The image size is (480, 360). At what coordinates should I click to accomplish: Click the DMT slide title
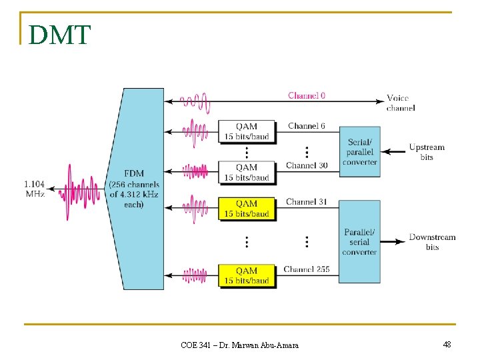pos(59,35)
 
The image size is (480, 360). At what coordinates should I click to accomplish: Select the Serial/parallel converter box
pos(360,152)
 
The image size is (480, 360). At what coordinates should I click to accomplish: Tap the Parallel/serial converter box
pos(360,241)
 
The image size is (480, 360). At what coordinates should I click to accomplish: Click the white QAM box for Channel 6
pos(247,131)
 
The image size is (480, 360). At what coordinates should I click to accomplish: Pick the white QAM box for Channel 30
pos(247,172)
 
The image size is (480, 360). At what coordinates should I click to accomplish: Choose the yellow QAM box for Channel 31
pos(247,208)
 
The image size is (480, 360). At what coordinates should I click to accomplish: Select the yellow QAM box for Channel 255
pos(247,275)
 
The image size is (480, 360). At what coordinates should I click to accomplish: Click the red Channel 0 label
pos(307,95)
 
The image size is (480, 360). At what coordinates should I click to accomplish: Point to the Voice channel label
pos(401,103)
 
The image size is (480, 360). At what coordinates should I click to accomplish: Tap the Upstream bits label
pos(427,152)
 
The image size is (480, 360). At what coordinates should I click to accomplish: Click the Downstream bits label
pos(432,241)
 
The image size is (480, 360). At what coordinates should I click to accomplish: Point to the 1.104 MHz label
pos(35,188)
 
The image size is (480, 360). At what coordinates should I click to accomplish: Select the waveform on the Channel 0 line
pos(195,101)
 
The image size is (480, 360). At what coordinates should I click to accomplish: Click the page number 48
pos(447,344)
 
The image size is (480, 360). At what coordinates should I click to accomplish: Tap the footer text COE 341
pos(239,345)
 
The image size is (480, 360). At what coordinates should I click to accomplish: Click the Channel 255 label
pos(307,269)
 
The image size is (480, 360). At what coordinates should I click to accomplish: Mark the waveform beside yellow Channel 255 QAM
pos(195,275)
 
